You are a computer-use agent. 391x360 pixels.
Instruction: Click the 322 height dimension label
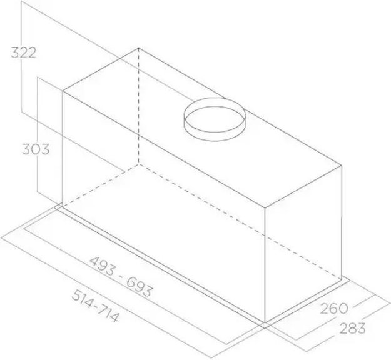pyautogui.click(x=23, y=52)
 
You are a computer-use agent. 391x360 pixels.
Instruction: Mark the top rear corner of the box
pyautogui.click(x=138, y=49)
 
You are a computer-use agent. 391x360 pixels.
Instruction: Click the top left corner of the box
pyautogui.click(x=63, y=91)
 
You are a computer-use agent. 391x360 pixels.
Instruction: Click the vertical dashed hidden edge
pyautogui.click(x=138, y=106)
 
